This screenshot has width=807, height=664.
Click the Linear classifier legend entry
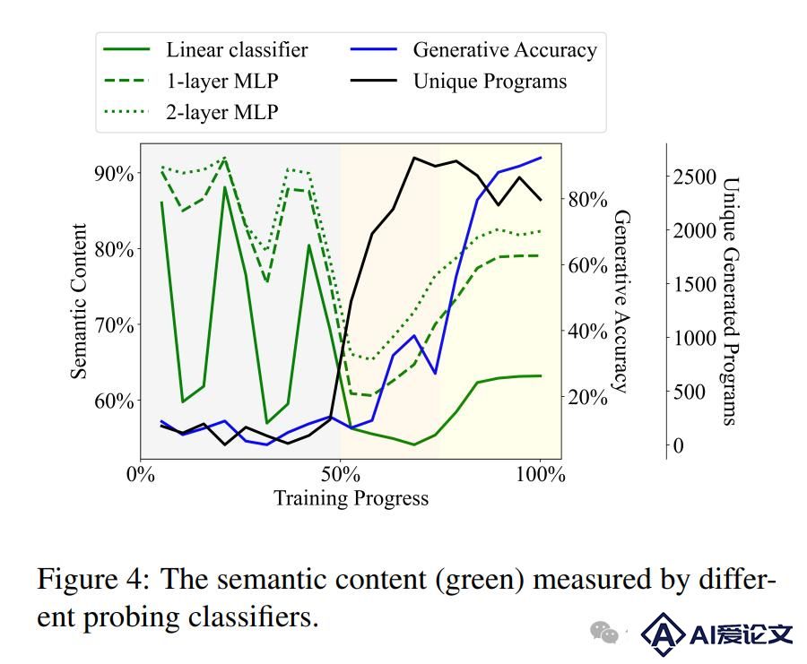point(206,50)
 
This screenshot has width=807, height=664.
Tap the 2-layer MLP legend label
point(222,112)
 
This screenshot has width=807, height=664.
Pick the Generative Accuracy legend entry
point(473,50)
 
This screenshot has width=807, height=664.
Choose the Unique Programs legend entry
point(458,82)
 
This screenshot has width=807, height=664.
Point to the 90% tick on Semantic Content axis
point(114,173)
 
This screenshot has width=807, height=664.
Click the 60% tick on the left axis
point(114,401)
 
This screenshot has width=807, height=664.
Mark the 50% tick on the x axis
point(340,474)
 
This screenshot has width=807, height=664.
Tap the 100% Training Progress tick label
point(541,474)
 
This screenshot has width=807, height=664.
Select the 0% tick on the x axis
point(141,474)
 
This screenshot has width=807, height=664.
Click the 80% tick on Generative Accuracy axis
point(587,199)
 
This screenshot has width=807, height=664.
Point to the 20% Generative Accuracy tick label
point(587,397)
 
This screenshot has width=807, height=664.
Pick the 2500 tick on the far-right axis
point(695,177)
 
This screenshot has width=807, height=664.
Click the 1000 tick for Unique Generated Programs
point(695,338)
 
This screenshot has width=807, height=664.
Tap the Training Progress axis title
point(351,498)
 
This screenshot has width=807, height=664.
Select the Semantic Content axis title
point(79,301)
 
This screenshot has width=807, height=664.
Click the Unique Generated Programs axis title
point(731,301)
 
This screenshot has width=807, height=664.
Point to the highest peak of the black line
point(414,158)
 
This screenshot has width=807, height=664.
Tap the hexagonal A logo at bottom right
point(663,634)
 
